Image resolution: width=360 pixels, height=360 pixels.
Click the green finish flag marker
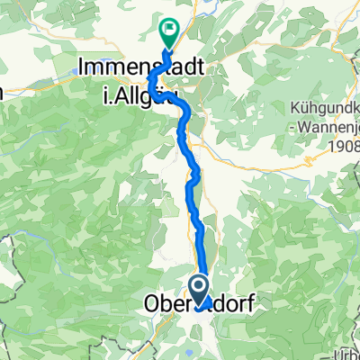[168, 32]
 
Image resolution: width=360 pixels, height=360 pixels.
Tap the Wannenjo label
[328, 126]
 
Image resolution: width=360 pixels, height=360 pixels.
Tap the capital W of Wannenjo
[301, 126]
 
